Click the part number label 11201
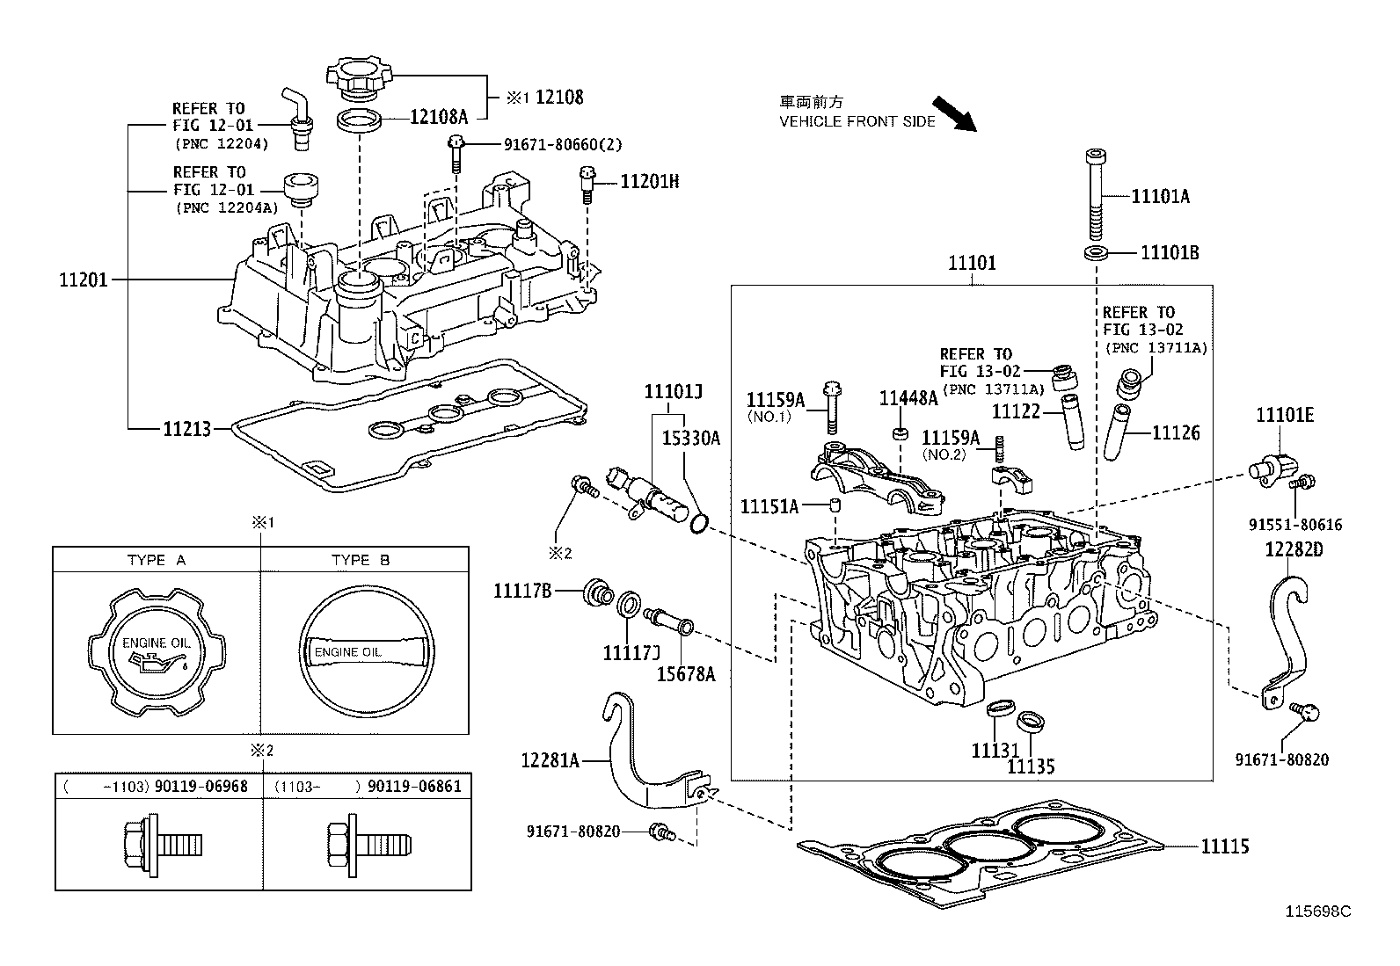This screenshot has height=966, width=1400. click(83, 280)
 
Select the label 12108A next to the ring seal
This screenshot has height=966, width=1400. click(438, 115)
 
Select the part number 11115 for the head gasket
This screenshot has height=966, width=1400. click(1224, 846)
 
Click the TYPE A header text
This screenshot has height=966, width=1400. click(157, 560)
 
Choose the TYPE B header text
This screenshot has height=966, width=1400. click(361, 560)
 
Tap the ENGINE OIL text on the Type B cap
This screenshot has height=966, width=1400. click(348, 651)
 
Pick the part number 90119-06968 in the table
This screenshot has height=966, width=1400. click(201, 786)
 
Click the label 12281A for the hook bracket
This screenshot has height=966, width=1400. click(550, 759)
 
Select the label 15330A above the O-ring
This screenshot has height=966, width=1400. click(690, 437)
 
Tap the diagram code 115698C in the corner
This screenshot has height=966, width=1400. click(1318, 912)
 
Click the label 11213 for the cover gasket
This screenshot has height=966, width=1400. click(186, 429)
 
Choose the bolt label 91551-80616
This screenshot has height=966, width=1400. click(1295, 525)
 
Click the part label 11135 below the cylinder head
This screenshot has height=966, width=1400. click(1031, 766)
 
